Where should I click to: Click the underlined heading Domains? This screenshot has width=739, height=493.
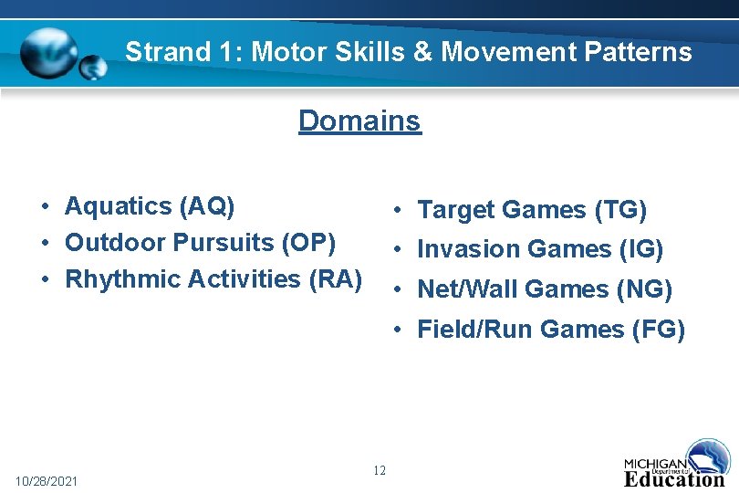coord(359,121)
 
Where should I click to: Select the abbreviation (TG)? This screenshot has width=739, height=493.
coord(620,211)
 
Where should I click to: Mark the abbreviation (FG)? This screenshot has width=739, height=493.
coord(658,329)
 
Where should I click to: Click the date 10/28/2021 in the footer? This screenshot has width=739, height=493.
coord(47,480)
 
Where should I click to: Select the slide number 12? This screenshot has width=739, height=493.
coord(380,470)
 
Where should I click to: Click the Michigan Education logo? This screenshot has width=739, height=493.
coord(676,466)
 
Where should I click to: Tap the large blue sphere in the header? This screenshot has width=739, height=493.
coord(50,53)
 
